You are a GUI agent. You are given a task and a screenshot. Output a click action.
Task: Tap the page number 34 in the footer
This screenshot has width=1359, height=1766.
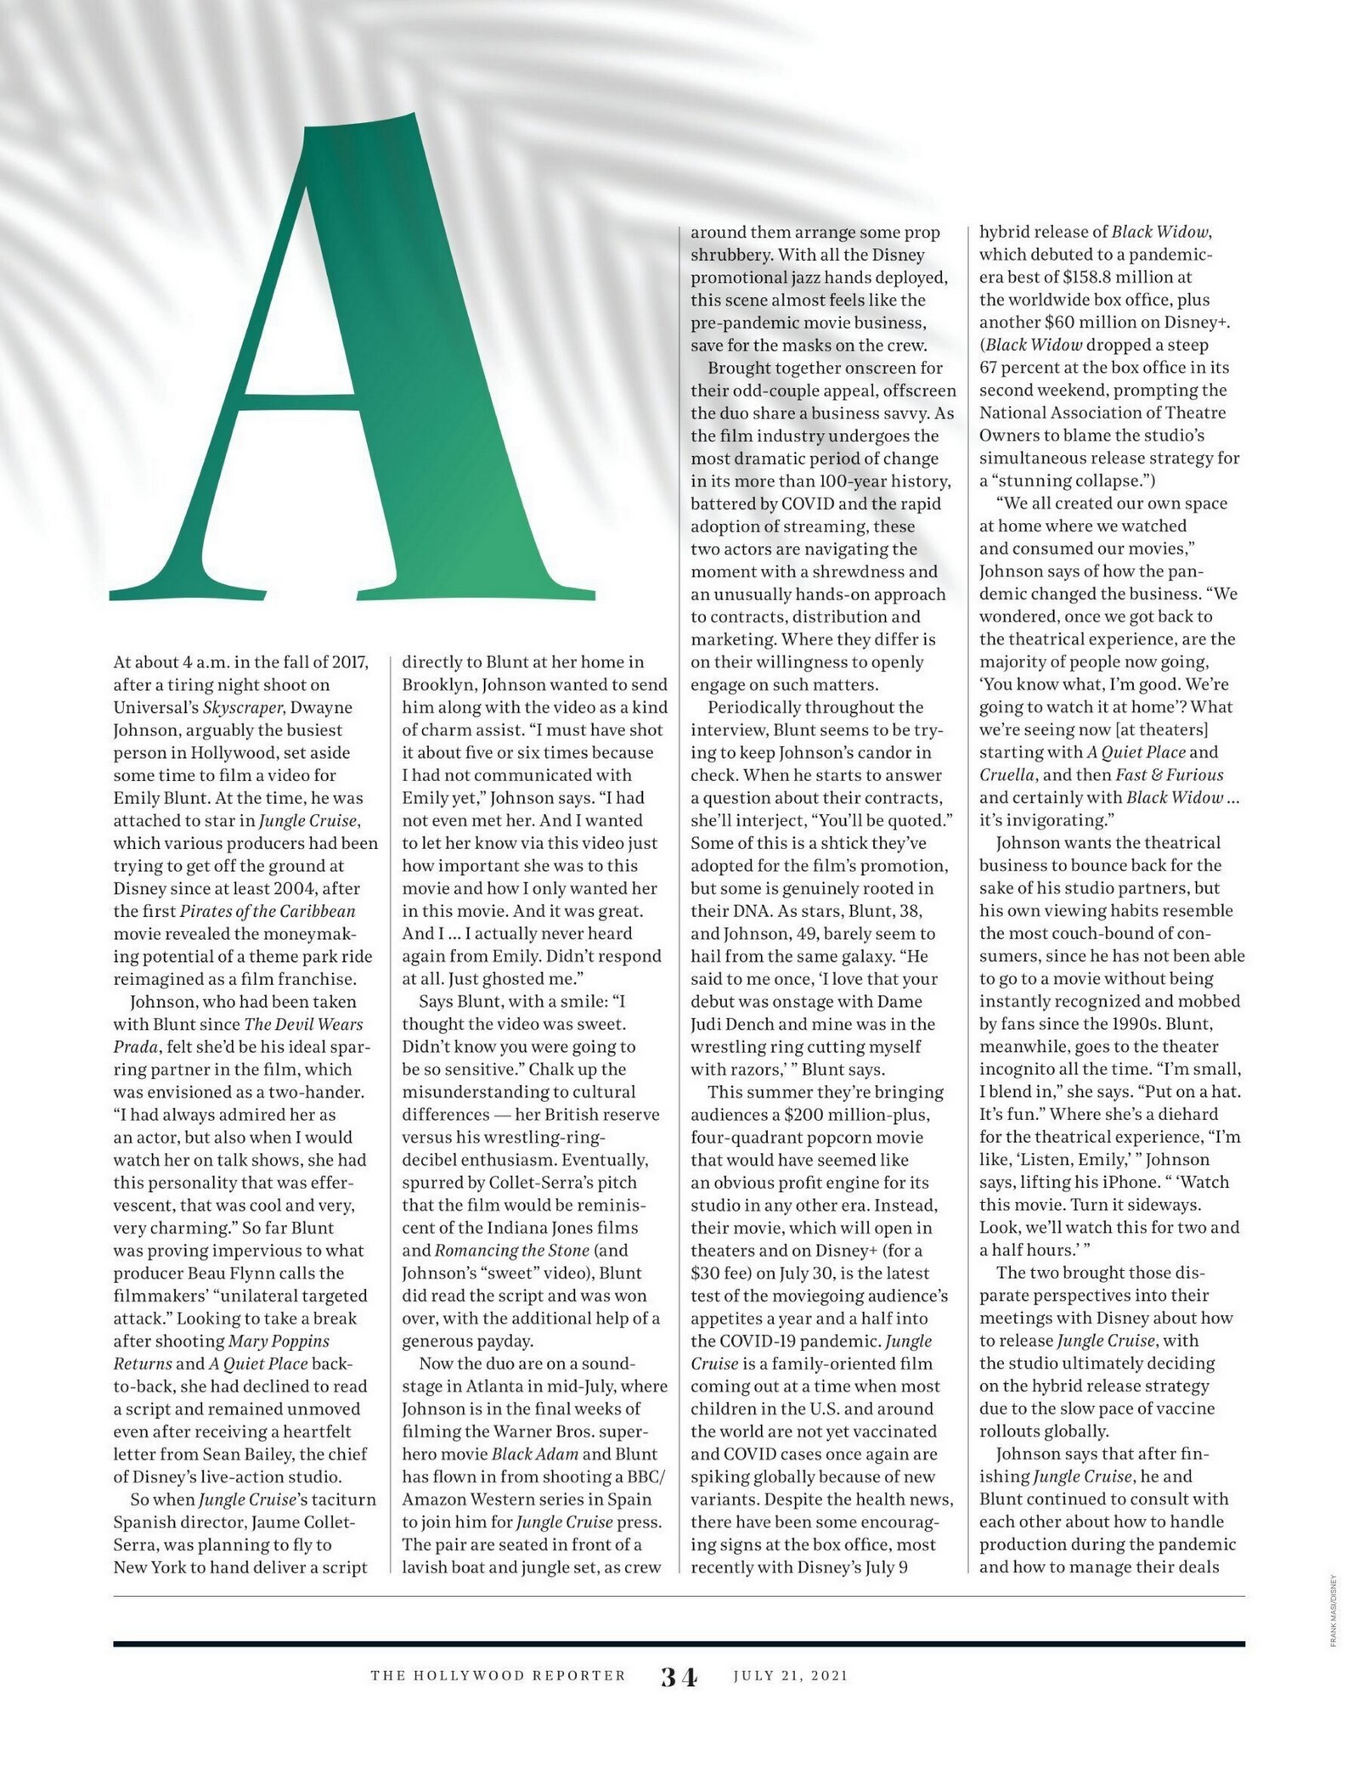[679, 1677]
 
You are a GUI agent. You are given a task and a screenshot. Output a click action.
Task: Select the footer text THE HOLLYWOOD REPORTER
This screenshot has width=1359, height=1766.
[498, 1676]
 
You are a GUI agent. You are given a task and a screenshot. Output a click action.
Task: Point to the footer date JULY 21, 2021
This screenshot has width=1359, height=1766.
[791, 1676]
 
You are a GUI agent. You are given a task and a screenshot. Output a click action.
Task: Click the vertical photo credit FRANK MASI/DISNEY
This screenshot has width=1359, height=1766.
[1334, 1623]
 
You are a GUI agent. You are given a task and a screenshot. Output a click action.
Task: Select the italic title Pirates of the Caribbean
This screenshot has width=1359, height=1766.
[268, 911]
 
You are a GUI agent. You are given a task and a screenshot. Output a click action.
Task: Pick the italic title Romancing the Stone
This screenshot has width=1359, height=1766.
[511, 1250]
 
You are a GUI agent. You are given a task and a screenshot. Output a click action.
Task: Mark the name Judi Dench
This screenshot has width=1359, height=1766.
[734, 1024]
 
